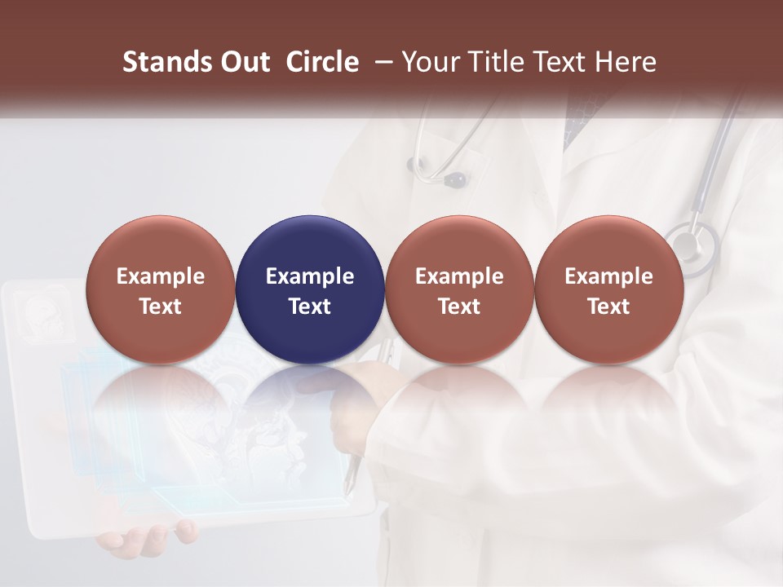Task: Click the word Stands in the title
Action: tap(159, 62)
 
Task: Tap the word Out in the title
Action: tap(243, 62)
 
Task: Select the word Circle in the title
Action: tap(322, 62)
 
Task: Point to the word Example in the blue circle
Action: tap(310, 276)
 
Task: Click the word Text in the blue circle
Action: tap(310, 307)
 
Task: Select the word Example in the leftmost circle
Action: tap(161, 276)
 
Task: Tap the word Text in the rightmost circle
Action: tap(608, 307)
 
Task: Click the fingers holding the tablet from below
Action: tap(155, 538)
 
